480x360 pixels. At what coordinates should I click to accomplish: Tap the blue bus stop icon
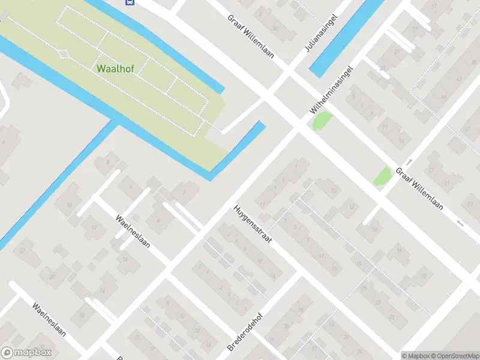tap(130, 2)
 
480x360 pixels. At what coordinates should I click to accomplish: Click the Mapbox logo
tap(26, 353)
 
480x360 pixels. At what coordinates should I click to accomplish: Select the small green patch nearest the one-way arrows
tap(382, 176)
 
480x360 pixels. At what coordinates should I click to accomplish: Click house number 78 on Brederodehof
tap(301, 310)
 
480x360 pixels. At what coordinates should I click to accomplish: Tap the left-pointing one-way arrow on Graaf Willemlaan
tap(460, 223)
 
